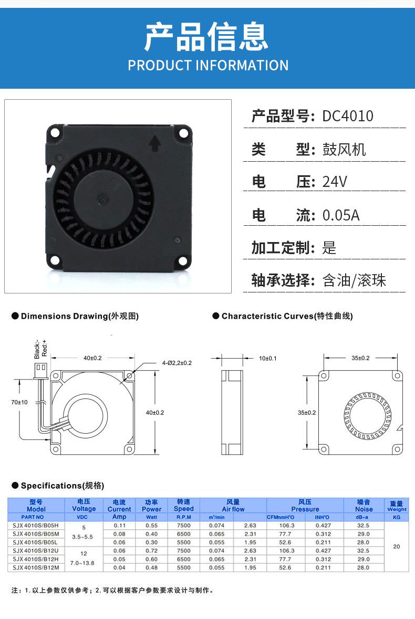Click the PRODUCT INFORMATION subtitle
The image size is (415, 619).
pos(208,65)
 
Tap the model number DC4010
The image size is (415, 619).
pos(347,116)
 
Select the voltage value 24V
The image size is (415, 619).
pos(335,182)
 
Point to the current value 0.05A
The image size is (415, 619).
pos(341,215)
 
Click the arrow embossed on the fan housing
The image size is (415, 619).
pos(154,144)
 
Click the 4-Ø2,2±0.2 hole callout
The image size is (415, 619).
pos(177,363)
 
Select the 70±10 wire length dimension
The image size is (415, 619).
pos(19,402)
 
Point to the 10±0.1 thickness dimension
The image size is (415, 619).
pos(268,359)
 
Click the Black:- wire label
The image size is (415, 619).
pos(37,349)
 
